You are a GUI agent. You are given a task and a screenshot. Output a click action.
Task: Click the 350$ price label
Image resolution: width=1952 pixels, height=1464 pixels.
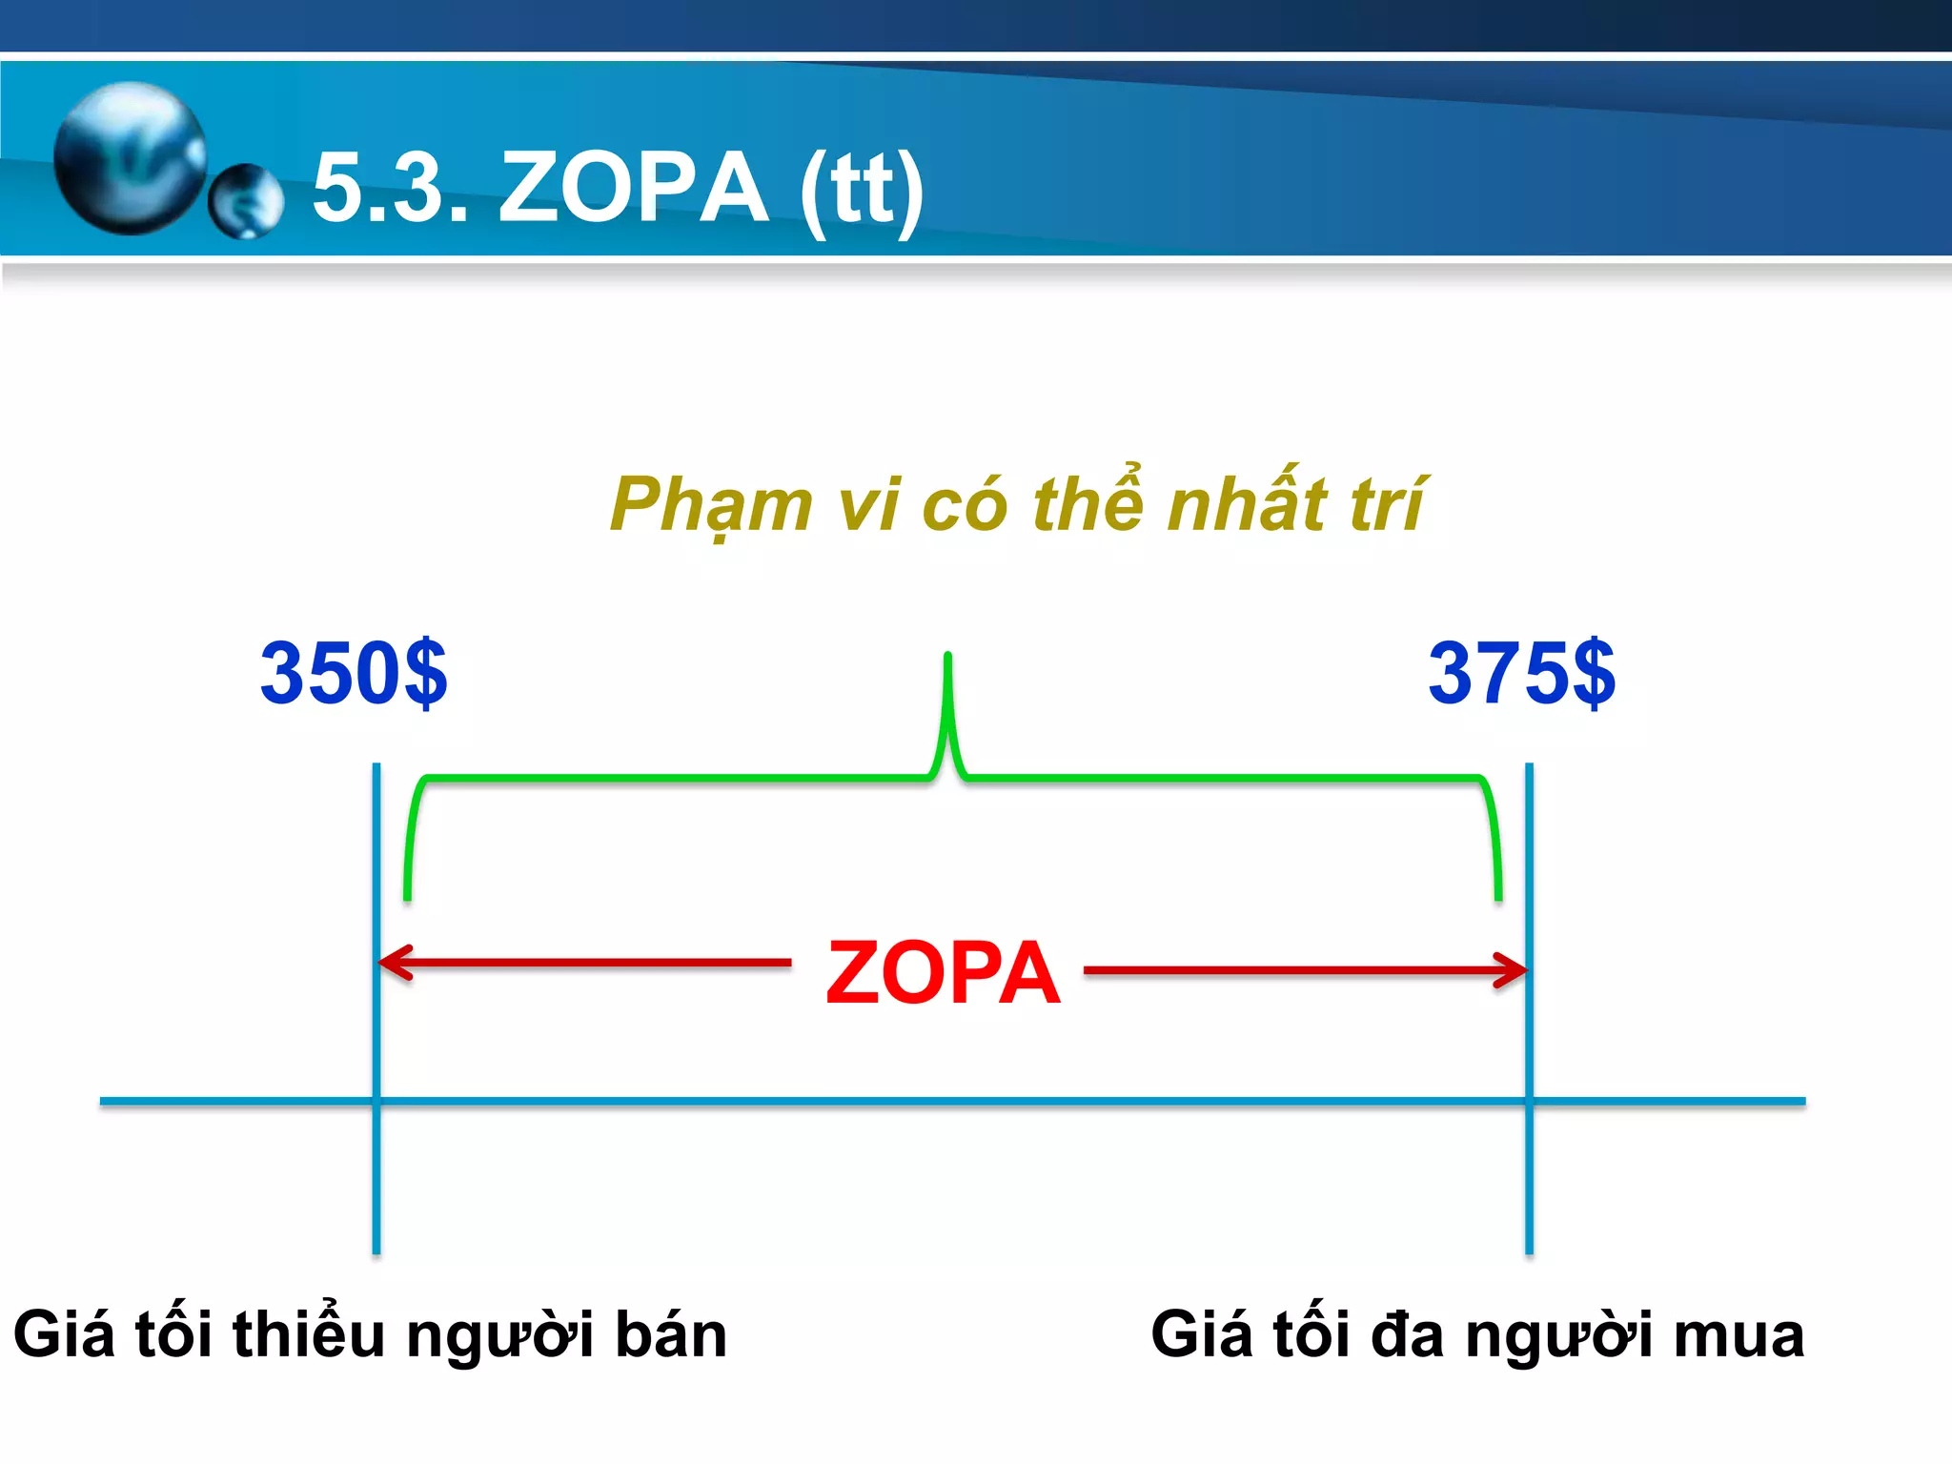click(x=354, y=673)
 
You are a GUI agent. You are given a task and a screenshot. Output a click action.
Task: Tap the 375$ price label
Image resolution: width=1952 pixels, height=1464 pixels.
click(x=1521, y=673)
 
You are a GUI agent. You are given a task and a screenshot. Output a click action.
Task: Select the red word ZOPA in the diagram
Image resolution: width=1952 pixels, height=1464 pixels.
click(x=943, y=973)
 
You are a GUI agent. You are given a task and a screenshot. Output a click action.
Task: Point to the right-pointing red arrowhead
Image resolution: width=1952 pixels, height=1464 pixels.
click(x=1512, y=971)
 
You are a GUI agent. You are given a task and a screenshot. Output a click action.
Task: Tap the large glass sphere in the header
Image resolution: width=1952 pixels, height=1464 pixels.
click(x=130, y=157)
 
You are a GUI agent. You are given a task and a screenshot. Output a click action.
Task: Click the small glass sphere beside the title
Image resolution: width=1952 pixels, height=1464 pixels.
click(x=245, y=201)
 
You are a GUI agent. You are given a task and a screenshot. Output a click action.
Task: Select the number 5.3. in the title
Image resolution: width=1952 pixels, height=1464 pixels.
click(x=391, y=188)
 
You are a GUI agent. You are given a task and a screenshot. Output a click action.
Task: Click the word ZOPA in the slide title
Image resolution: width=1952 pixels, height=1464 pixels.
click(x=634, y=188)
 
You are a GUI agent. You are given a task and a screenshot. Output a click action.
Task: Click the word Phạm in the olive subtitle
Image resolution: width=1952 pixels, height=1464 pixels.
click(x=711, y=505)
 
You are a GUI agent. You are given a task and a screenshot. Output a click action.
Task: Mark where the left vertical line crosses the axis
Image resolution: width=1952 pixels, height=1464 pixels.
click(x=376, y=1101)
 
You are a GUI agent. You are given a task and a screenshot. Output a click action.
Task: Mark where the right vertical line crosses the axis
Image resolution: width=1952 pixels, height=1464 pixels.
click(x=1529, y=1101)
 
